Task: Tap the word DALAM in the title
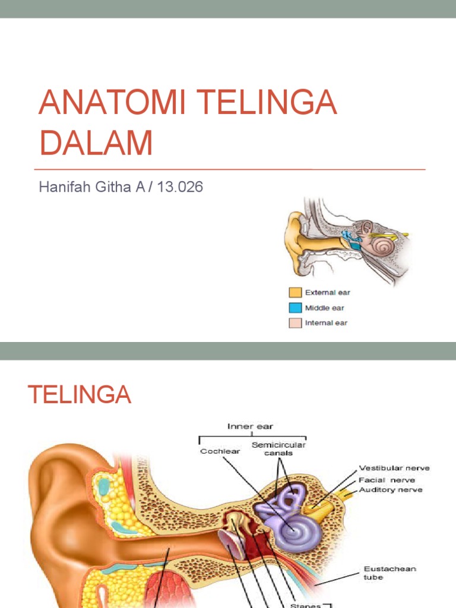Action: (x=96, y=142)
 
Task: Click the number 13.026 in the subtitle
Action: (x=180, y=187)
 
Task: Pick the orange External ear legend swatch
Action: (x=295, y=292)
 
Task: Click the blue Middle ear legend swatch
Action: (x=295, y=308)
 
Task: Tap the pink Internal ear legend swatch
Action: (x=295, y=323)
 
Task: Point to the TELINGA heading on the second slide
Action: (x=80, y=394)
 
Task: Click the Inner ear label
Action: (x=250, y=426)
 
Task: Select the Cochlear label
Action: (x=220, y=451)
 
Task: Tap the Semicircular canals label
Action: (x=278, y=449)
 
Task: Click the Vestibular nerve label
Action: (x=394, y=468)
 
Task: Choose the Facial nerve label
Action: (x=387, y=480)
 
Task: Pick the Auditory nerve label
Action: (x=391, y=490)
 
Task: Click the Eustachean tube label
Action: (x=389, y=573)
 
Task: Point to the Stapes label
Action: (x=305, y=605)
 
